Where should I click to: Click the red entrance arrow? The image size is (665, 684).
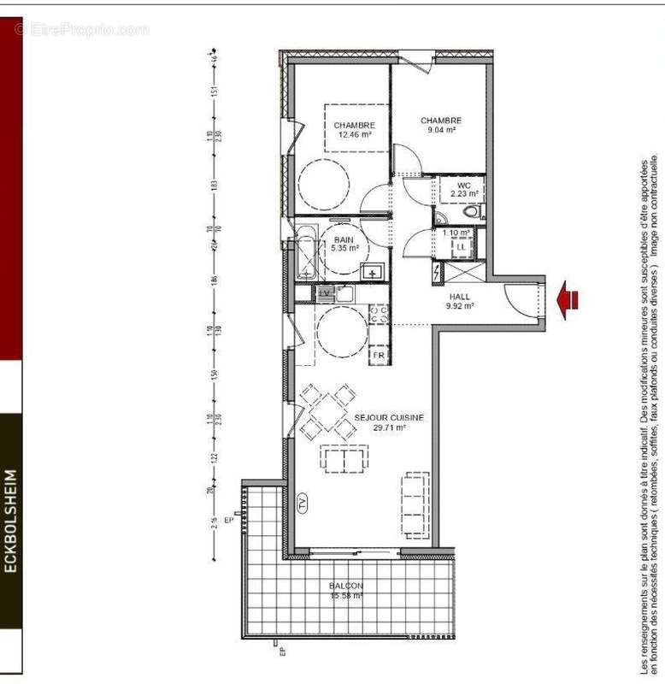(568, 299)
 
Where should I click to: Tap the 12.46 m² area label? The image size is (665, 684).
(354, 134)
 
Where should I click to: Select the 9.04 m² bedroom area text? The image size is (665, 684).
(440, 131)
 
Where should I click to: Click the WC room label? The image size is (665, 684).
(463, 185)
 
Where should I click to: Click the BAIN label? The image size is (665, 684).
(344, 240)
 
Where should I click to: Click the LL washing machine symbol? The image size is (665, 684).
(461, 247)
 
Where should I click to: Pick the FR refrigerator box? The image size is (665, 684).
(378, 353)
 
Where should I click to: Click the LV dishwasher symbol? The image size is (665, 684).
(325, 292)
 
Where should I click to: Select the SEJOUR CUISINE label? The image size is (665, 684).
(389, 418)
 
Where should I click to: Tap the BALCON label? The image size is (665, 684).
(346, 586)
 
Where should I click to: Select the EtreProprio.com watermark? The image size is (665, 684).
(82, 30)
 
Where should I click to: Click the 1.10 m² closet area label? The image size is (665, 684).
(456, 233)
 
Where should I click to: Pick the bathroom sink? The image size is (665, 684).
(372, 273)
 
